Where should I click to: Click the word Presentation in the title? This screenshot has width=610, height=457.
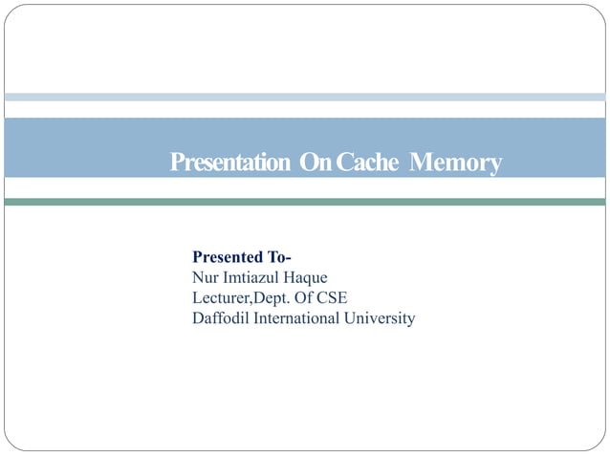point(230,163)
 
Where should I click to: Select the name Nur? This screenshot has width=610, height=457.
point(205,277)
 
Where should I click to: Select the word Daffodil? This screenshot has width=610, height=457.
point(220,317)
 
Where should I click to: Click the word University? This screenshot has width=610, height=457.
point(381,318)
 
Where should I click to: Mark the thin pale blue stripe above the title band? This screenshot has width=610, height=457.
point(305,97)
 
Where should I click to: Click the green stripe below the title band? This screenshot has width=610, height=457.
point(305,202)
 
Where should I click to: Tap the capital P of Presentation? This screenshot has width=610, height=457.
point(177,163)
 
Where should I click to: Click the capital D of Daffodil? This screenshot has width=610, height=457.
point(198,317)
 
